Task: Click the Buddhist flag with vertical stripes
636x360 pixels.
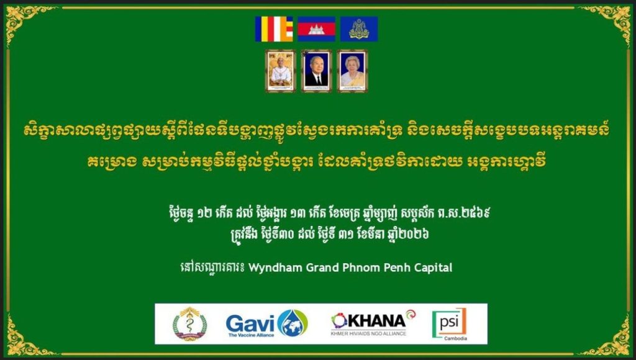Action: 274,29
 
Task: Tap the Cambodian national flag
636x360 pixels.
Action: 316,29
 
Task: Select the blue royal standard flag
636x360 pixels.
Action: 359,29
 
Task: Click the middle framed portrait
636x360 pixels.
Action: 316,71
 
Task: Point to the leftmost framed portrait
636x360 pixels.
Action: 281,71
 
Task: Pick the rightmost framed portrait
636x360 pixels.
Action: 353,71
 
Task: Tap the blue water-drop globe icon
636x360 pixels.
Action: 293,323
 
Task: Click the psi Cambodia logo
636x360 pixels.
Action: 450,324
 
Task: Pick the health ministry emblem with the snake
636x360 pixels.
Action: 189,324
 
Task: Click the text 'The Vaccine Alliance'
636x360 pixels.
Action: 251,335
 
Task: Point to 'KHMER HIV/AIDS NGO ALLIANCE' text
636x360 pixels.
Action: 368,333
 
